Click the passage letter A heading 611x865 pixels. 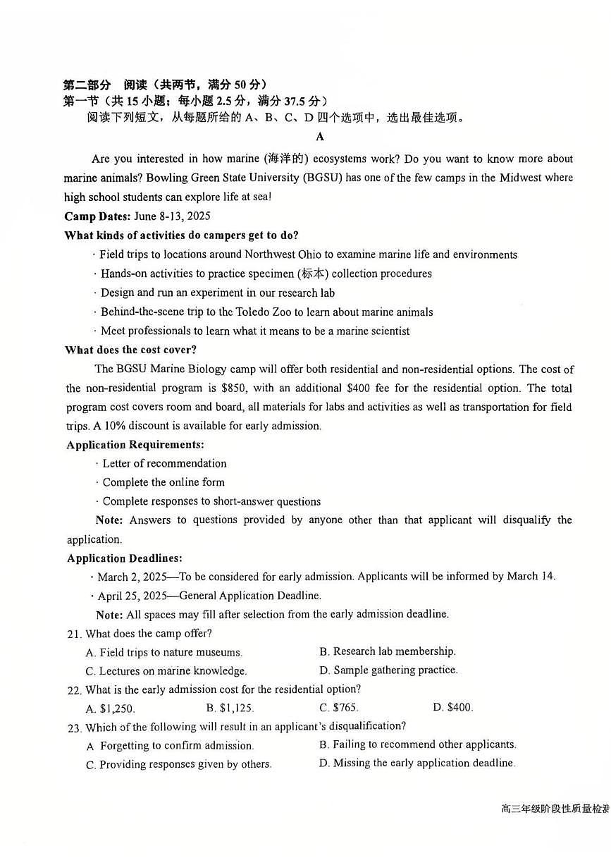pos(320,137)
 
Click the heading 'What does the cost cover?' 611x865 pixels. pos(130,350)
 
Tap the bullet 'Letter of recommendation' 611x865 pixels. pos(164,463)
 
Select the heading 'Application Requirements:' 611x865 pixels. pos(135,445)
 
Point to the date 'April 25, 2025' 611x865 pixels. pos(132,596)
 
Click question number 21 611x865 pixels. pos(74,634)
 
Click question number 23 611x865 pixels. pos(74,727)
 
